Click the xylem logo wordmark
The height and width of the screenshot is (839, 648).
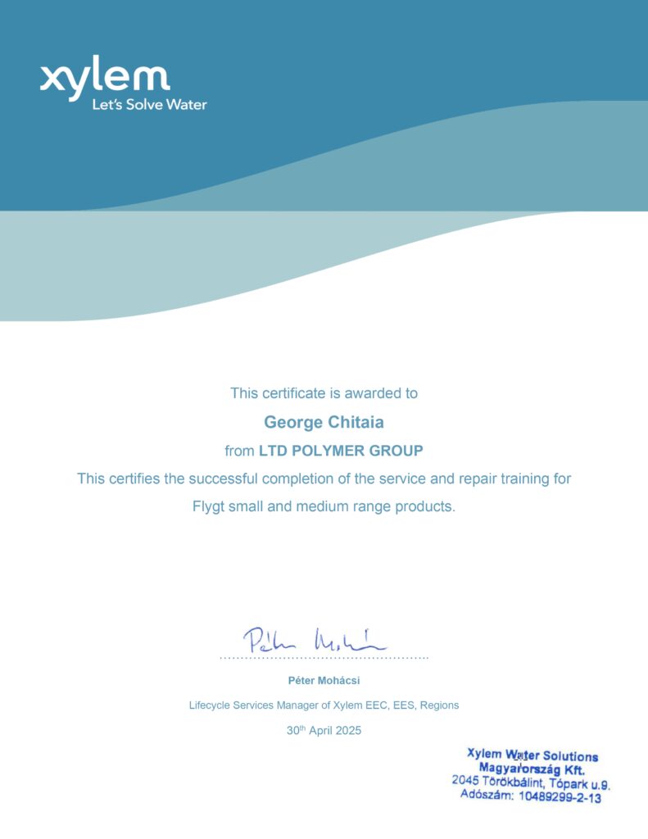pos(105,78)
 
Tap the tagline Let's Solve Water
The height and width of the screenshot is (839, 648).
pos(149,105)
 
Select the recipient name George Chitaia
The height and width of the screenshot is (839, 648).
pos(324,423)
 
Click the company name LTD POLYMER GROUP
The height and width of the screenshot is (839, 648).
pos(341,451)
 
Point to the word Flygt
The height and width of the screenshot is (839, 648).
pos(210,506)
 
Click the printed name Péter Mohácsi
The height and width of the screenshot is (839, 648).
pos(324,680)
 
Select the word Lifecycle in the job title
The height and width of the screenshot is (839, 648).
pos(210,705)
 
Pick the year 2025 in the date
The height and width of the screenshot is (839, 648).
pos(347,730)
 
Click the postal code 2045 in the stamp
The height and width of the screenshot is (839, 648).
pos(464,781)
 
